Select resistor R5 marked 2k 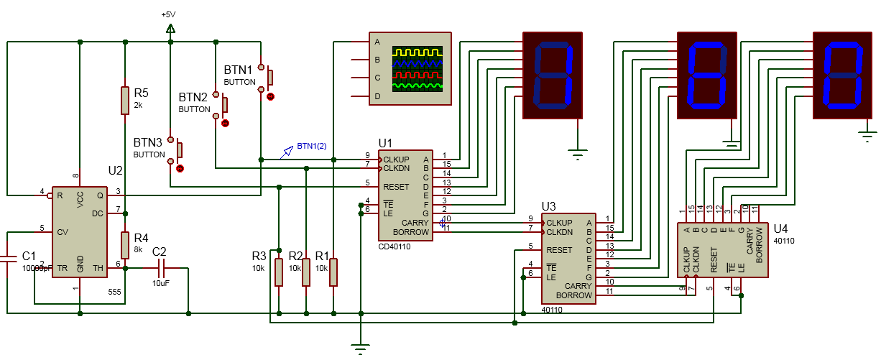point(125,101)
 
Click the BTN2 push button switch point(223,106)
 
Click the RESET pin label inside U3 point(559,250)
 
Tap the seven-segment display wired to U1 point(552,74)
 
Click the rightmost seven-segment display point(842,74)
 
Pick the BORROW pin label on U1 point(411,232)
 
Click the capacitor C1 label point(29,256)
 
